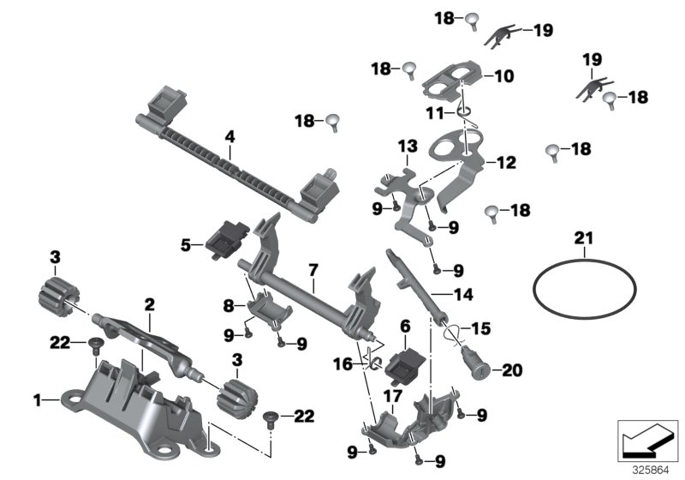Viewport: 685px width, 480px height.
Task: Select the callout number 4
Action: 229,135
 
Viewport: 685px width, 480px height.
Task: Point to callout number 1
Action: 37,399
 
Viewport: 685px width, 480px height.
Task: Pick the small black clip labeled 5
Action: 226,234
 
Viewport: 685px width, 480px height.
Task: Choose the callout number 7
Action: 314,270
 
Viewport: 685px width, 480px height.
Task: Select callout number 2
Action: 149,303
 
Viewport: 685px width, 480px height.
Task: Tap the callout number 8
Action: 228,304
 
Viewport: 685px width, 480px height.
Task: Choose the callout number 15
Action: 482,328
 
